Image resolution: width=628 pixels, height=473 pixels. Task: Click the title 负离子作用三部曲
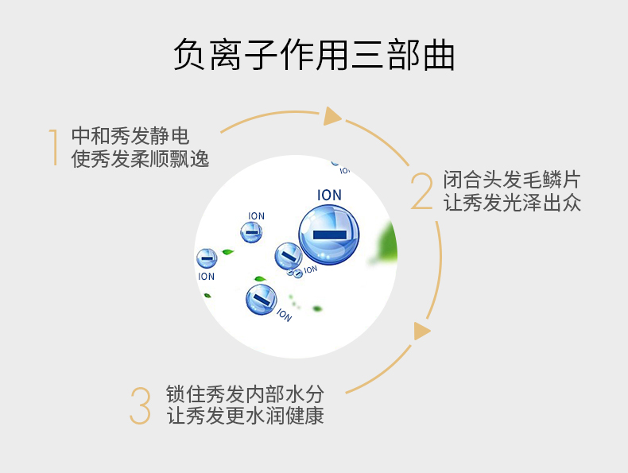314,55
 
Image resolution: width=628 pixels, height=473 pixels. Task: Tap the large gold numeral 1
53,147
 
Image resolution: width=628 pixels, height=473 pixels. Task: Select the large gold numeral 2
422,191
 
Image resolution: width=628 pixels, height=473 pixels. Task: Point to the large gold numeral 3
141,405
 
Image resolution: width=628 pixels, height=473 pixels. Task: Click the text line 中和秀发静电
130,136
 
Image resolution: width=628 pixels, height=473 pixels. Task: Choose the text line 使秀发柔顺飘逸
140,159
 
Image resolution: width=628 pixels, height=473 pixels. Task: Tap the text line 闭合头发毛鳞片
512,180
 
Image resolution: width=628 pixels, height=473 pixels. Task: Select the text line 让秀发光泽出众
512,202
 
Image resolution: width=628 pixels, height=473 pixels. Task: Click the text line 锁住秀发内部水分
245,394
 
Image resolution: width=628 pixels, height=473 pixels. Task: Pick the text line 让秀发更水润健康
245,415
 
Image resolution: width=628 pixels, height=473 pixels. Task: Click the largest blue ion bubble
329,235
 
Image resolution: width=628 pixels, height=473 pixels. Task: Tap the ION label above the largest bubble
329,195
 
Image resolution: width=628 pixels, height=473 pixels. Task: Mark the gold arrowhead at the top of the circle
332,116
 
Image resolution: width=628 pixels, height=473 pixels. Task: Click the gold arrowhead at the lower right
421,331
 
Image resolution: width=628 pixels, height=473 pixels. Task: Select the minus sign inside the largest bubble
329,235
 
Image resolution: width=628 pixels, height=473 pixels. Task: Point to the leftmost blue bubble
207,258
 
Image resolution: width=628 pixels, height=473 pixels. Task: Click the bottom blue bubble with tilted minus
261,299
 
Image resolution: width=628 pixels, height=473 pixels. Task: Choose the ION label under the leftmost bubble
206,277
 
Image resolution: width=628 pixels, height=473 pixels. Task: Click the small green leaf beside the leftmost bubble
227,252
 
